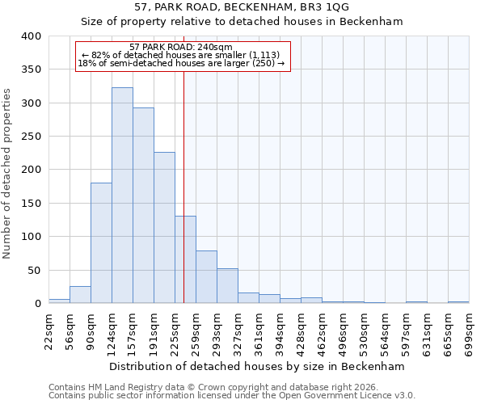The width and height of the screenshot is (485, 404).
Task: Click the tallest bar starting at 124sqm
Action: (x=122, y=196)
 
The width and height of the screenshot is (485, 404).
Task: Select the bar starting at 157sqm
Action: (x=143, y=205)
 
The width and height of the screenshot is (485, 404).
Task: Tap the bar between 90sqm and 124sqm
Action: (x=101, y=242)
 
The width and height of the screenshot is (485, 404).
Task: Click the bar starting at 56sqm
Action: (x=80, y=295)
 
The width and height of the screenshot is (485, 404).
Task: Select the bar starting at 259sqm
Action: (x=206, y=277)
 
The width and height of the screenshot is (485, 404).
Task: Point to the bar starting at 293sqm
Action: (x=227, y=286)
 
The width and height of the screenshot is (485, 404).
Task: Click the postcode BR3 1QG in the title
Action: (x=310, y=7)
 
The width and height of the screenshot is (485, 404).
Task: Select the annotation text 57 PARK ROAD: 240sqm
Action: (x=181, y=47)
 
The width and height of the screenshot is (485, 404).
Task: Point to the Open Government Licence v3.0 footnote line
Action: (x=232, y=396)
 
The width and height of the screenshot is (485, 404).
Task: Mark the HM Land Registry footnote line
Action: (x=232, y=387)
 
